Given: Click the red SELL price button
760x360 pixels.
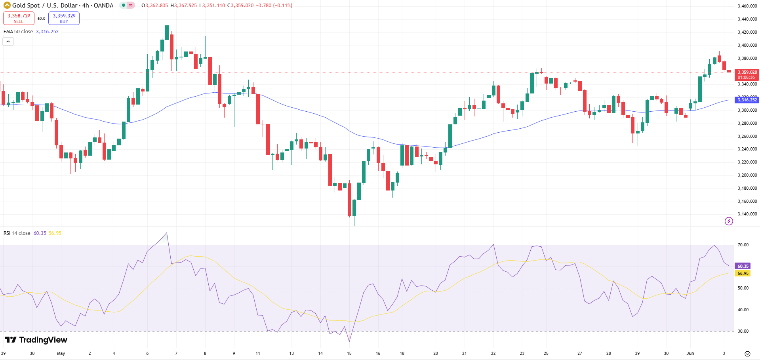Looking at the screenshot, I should (x=19, y=18).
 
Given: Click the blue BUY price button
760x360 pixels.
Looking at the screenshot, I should (x=64, y=18).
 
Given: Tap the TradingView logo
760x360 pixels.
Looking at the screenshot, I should (x=36, y=340).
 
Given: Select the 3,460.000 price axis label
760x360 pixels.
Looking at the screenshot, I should (x=747, y=6).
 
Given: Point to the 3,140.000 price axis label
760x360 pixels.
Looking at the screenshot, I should (x=747, y=214).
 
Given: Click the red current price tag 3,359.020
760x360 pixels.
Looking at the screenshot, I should (x=747, y=74).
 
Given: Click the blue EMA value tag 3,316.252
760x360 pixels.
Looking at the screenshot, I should (x=747, y=100).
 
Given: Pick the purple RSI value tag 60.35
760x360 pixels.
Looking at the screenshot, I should (x=743, y=266).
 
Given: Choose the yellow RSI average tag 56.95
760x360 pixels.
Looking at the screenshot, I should (x=743, y=273).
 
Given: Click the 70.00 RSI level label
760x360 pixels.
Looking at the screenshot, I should (x=743, y=245).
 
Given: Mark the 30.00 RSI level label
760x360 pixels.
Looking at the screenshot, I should (x=743, y=331).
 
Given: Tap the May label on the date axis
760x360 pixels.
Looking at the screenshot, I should (x=61, y=353).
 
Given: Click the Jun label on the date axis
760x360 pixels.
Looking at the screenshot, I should (x=690, y=353).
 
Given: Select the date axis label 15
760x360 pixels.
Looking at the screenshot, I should (x=349, y=353).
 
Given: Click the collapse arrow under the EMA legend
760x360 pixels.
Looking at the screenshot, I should (x=8, y=41).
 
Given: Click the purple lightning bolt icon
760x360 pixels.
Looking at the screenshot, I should (x=729, y=221).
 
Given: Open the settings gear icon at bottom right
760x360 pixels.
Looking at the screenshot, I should (x=747, y=354).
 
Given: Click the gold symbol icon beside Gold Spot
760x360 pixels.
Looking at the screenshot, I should (x=7, y=6).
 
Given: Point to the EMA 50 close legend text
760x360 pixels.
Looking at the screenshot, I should (x=18, y=32).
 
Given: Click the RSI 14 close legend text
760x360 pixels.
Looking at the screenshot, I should (x=17, y=233).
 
